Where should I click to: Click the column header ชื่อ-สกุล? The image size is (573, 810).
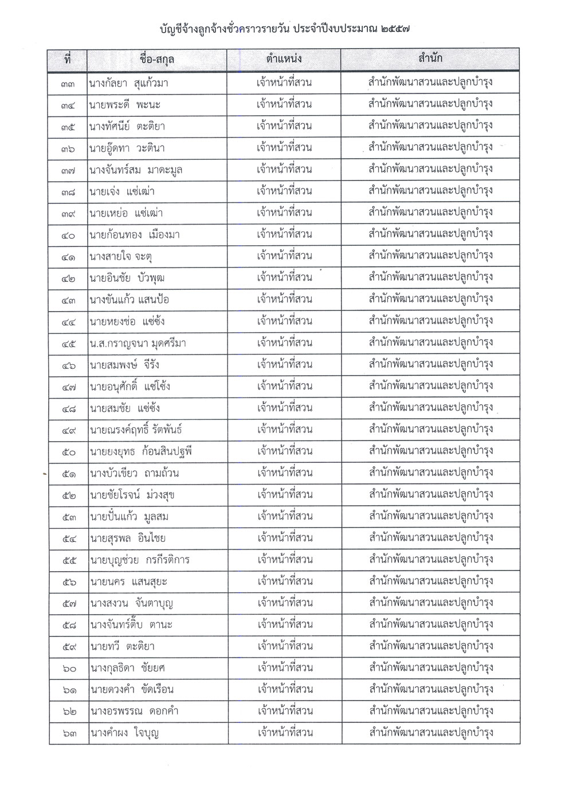[x=156, y=59]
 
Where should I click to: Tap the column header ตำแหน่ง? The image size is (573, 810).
[x=284, y=59]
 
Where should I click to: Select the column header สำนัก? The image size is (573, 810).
[x=430, y=59]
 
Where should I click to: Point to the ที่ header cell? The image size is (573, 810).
[x=68, y=59]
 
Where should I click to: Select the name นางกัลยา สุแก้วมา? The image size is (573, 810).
[x=128, y=84]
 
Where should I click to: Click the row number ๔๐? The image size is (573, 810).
[x=68, y=235]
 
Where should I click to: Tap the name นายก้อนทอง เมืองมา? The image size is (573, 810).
[x=132, y=235]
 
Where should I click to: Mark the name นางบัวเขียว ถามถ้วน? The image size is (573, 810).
[x=134, y=474]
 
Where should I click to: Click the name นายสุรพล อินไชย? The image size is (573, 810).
[x=127, y=538]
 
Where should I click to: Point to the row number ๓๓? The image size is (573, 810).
[x=68, y=84]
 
